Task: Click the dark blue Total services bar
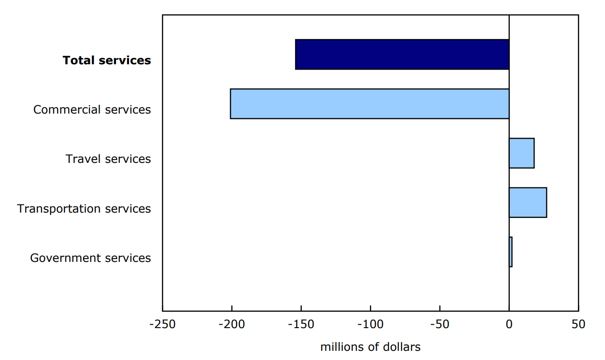tap(402, 55)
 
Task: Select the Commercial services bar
tap(369, 104)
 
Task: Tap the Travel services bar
tap(521, 153)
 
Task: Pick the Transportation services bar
tap(528, 203)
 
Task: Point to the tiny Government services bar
tap(510, 252)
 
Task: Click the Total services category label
tap(107, 60)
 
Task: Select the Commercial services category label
tap(92, 110)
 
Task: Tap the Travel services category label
tap(108, 159)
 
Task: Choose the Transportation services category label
tap(84, 209)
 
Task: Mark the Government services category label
tap(90, 258)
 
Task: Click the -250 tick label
tap(162, 324)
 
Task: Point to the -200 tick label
tap(232, 324)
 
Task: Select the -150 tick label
tap(301, 324)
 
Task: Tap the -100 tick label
tap(370, 324)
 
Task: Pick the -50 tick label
tap(440, 324)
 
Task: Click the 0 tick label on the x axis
tap(509, 324)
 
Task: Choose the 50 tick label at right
tap(578, 324)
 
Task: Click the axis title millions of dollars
tap(370, 347)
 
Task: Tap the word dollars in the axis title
tap(402, 347)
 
